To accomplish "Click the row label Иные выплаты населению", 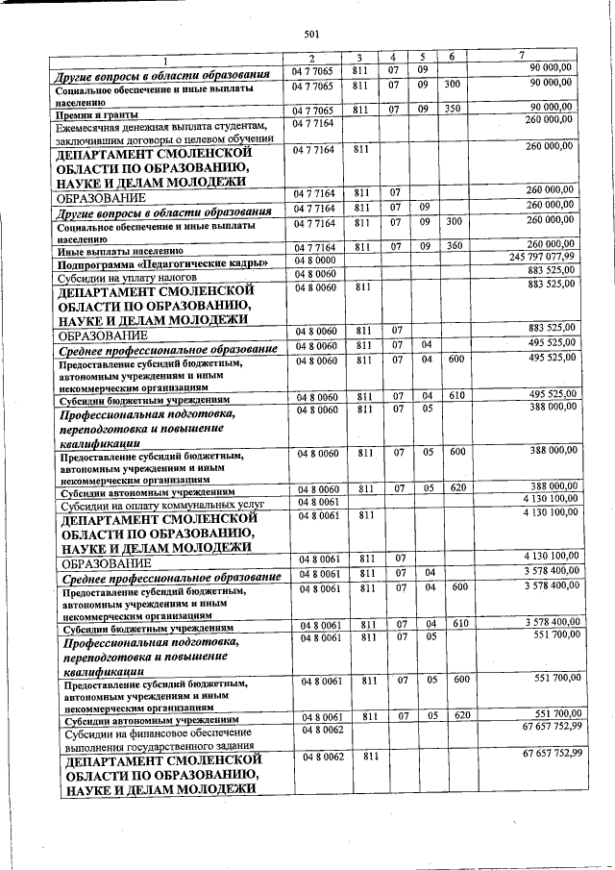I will pyautogui.click(x=114, y=250).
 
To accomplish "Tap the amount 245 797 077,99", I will pyautogui.click(x=541, y=258).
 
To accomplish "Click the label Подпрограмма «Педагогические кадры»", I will pyautogui.click(x=141, y=263).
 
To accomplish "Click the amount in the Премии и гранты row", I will pyautogui.click(x=552, y=108).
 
